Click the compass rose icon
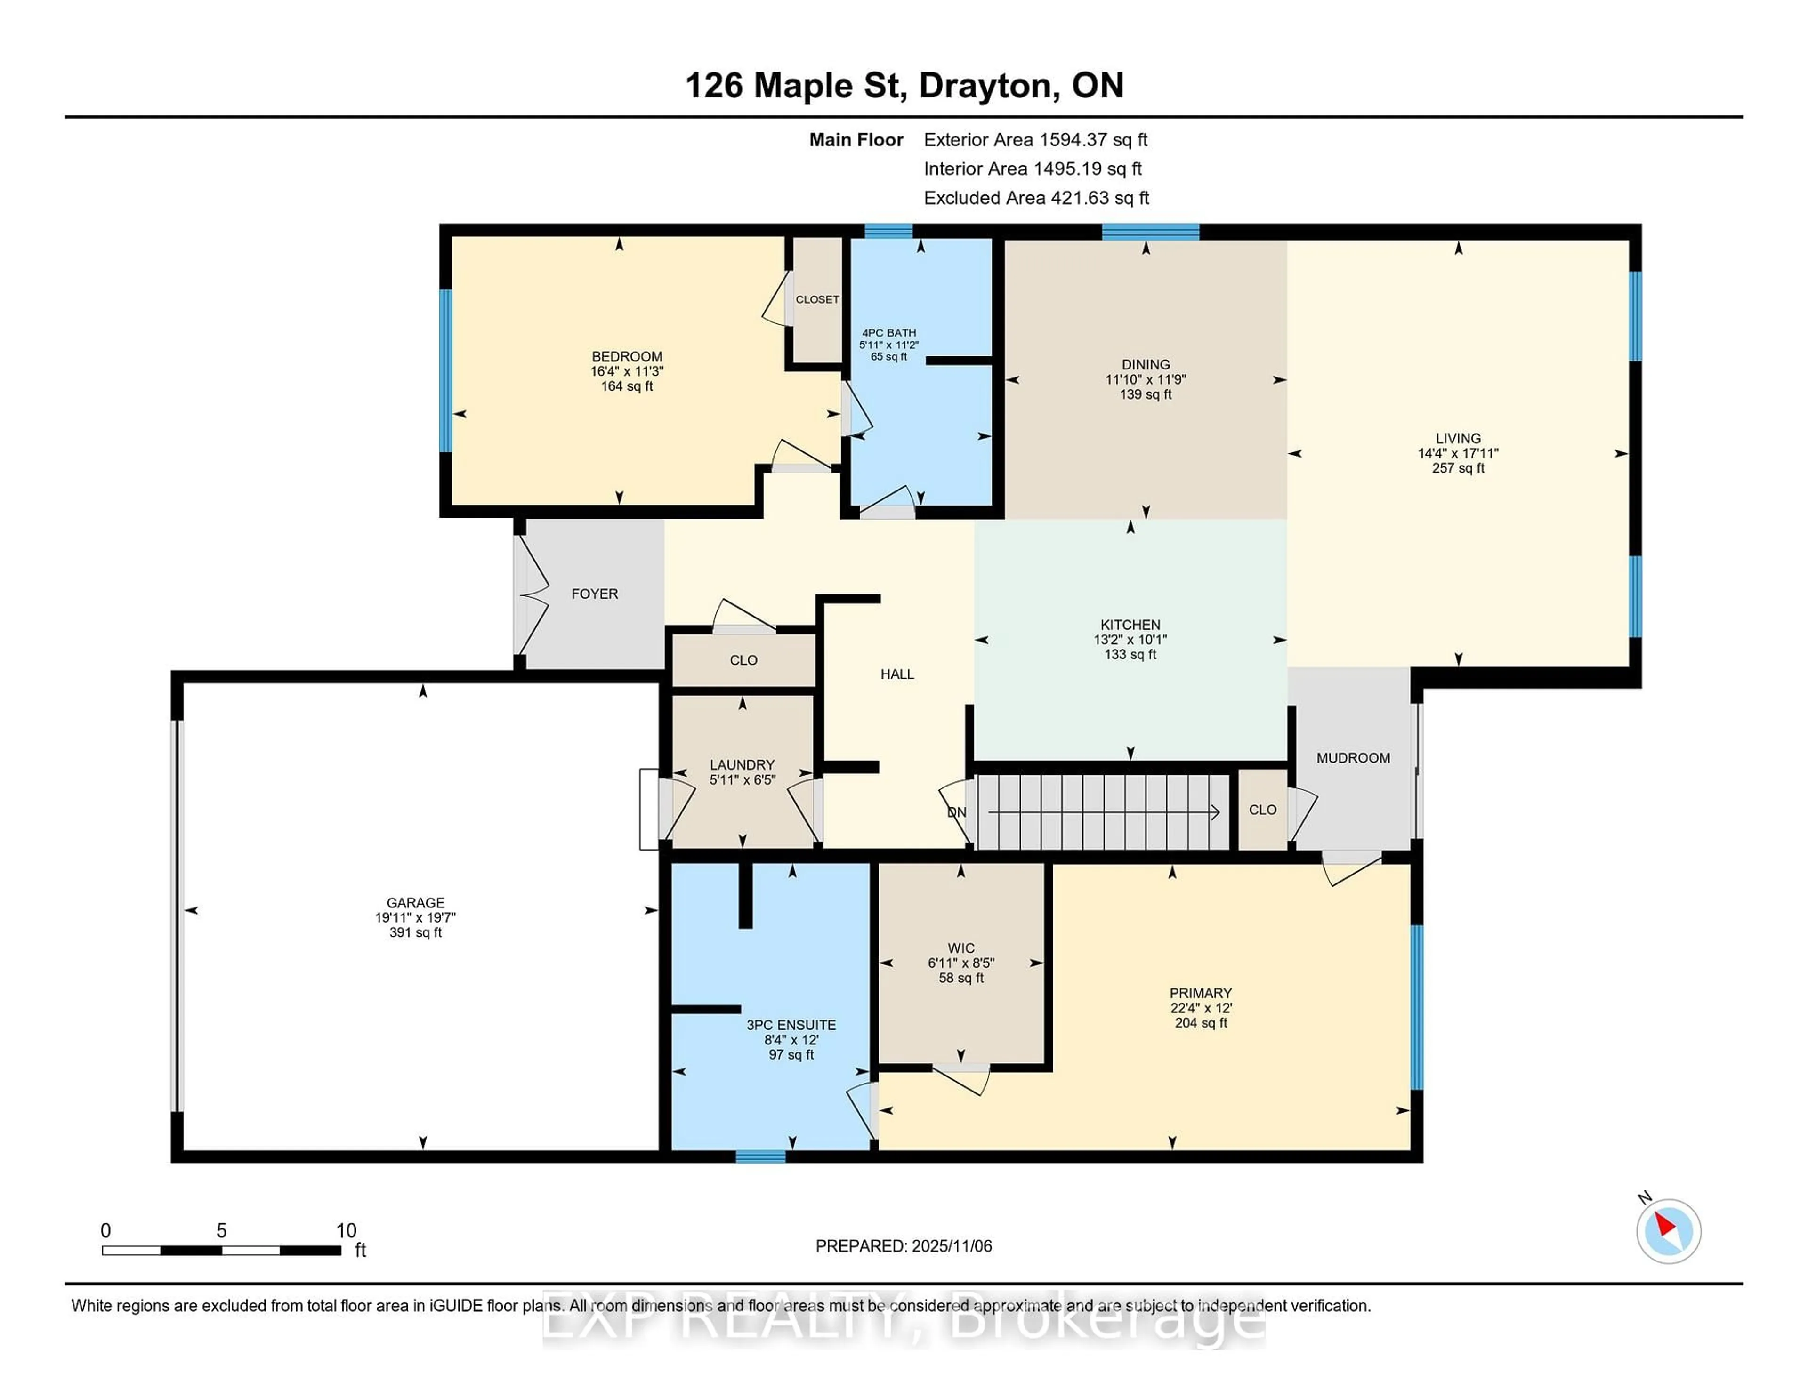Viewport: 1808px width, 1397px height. pos(1668,1231)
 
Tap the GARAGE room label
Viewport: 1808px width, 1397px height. pos(416,903)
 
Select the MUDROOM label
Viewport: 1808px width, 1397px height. pos(1353,758)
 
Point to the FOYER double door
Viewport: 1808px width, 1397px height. pos(530,594)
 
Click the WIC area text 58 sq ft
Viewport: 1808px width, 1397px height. pos(960,978)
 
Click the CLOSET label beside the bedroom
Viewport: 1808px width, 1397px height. pos(817,300)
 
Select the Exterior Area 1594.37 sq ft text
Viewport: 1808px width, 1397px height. pos(1035,140)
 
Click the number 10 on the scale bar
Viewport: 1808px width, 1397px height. pos(346,1231)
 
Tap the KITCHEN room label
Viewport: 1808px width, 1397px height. pos(1130,625)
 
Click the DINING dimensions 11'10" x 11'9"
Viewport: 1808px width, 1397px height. pos(1145,380)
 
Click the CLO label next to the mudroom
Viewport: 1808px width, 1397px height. pos(1262,810)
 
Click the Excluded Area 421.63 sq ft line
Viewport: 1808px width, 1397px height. pos(1036,198)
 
